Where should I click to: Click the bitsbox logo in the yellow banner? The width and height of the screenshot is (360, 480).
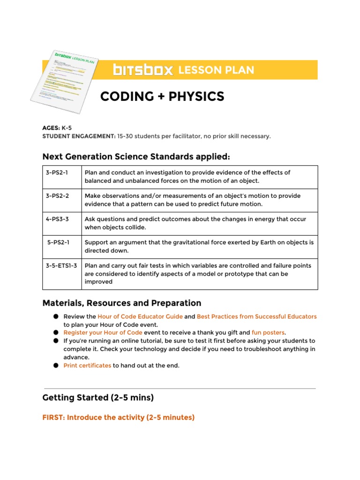click(143, 70)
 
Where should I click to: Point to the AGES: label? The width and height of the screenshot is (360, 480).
click(51, 127)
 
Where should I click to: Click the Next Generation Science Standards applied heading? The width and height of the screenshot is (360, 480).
click(136, 156)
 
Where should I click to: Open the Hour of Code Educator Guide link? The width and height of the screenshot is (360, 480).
click(140, 316)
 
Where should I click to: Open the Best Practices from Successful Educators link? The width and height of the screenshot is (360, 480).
click(256, 316)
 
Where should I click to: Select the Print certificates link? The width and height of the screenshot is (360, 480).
click(87, 365)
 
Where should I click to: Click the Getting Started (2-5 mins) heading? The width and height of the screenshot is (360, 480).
click(98, 397)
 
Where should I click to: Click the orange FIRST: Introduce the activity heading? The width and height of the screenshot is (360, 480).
click(118, 417)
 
